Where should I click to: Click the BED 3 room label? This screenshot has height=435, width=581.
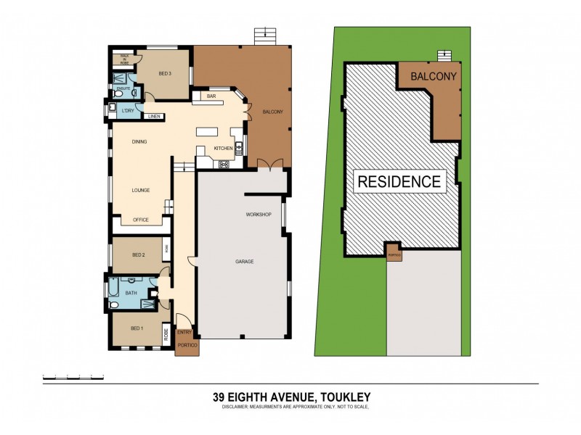[x=164, y=74]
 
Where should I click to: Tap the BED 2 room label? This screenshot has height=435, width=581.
[x=139, y=255]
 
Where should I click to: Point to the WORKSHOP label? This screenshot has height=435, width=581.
[x=258, y=215]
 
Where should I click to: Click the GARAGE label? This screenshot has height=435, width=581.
[x=244, y=261]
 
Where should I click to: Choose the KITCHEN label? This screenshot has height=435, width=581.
[x=223, y=149]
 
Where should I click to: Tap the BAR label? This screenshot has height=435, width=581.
[x=212, y=96]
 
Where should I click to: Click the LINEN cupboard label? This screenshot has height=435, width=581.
[x=154, y=116]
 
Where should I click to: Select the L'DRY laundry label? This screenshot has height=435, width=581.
[x=128, y=110]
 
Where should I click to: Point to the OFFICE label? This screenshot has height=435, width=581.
[x=140, y=220]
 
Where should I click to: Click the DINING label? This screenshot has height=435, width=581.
[x=140, y=142]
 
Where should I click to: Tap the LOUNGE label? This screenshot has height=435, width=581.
[x=140, y=191]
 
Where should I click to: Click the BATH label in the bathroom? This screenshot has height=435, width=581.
[x=131, y=293]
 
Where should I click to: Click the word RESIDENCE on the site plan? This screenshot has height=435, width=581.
[x=399, y=181]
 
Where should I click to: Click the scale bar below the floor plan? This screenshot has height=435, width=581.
[x=73, y=378]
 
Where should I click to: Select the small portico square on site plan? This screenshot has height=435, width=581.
[x=393, y=252]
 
